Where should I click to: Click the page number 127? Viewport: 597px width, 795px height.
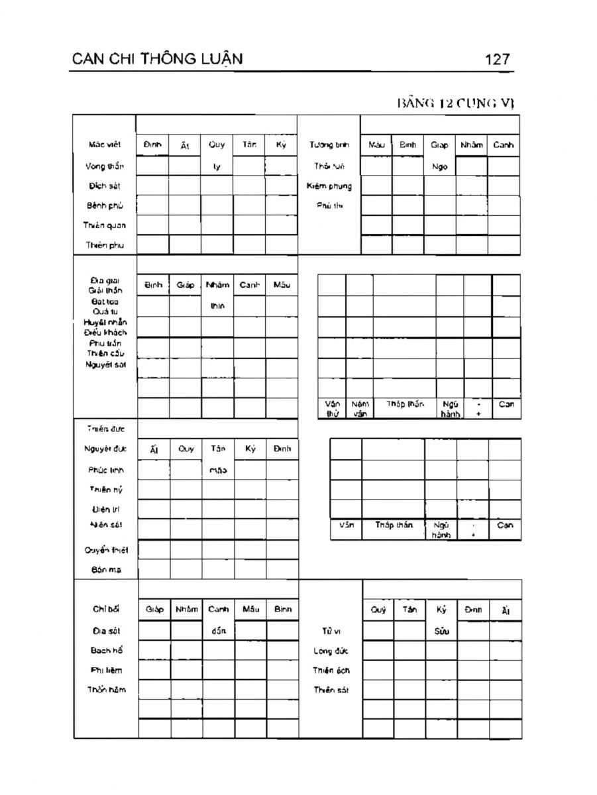click(x=497, y=60)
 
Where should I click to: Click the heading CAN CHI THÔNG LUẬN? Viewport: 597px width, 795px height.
click(x=156, y=59)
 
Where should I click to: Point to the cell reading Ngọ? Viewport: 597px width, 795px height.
click(x=440, y=167)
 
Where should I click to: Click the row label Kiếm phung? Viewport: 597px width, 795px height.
click(x=329, y=186)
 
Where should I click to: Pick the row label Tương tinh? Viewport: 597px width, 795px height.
click(x=329, y=145)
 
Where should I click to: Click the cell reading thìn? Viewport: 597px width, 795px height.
click(x=217, y=306)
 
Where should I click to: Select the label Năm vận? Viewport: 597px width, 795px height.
click(x=360, y=408)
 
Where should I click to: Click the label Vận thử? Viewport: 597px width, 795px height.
click(x=333, y=408)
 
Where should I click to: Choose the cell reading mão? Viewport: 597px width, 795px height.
click(x=217, y=470)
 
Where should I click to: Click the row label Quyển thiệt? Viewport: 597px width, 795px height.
click(x=106, y=550)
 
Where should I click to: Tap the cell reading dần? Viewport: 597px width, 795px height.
click(x=218, y=631)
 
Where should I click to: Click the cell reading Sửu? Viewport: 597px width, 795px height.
click(x=442, y=631)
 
